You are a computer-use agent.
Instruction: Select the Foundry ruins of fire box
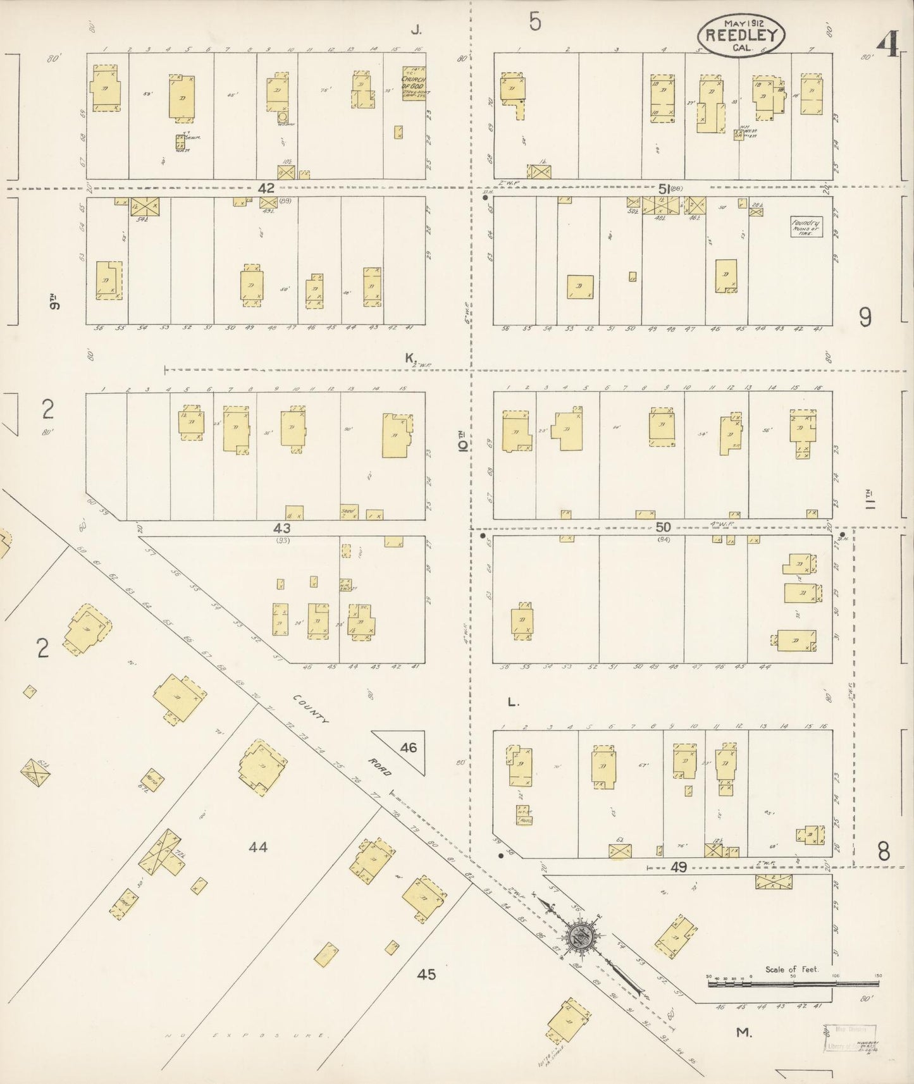tap(806, 227)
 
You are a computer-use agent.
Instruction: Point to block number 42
tap(266, 188)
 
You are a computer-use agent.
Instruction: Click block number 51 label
tap(664, 188)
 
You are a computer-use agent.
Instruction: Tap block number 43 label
tap(281, 527)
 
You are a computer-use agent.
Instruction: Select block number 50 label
tap(663, 527)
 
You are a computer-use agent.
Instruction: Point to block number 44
tap(258, 846)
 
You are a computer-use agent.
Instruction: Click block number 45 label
tap(426, 975)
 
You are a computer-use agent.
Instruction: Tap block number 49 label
tap(679, 868)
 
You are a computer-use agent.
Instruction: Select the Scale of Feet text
tap(791, 969)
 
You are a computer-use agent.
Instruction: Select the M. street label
tap(744, 1033)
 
